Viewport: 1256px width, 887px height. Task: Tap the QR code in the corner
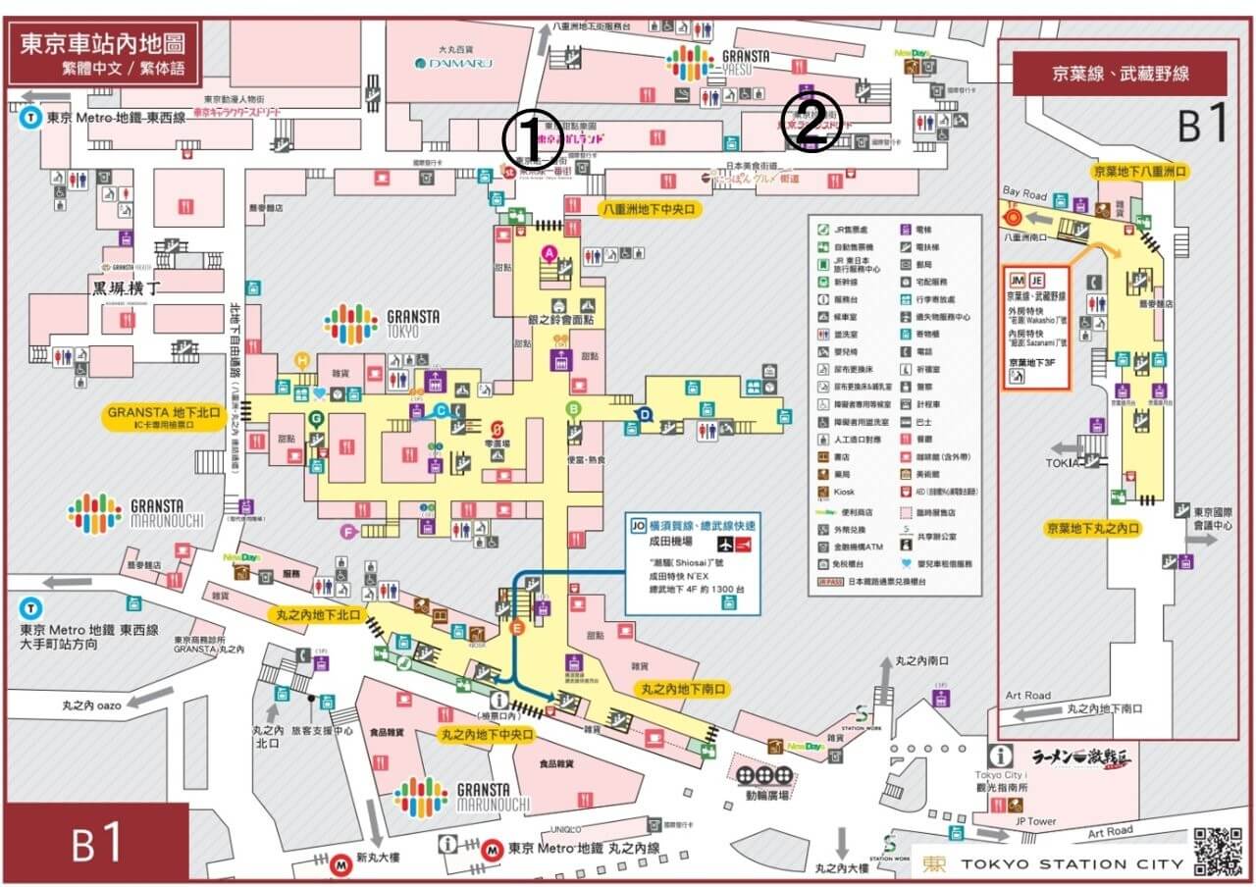click(1217, 852)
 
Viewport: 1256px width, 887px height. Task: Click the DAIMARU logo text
click(452, 63)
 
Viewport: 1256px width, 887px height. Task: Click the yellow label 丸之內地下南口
click(683, 690)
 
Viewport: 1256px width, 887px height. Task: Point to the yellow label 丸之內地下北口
click(315, 614)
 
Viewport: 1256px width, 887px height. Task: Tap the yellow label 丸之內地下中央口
click(487, 734)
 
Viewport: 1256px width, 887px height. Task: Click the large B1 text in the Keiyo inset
click(1202, 126)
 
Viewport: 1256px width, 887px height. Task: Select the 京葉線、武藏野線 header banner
click(1120, 73)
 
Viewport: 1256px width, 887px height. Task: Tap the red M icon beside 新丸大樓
click(341, 865)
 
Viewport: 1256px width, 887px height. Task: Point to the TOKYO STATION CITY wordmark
click(1056, 864)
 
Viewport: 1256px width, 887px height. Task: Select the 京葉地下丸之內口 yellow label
click(1093, 528)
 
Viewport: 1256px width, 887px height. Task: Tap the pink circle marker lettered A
click(549, 253)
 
